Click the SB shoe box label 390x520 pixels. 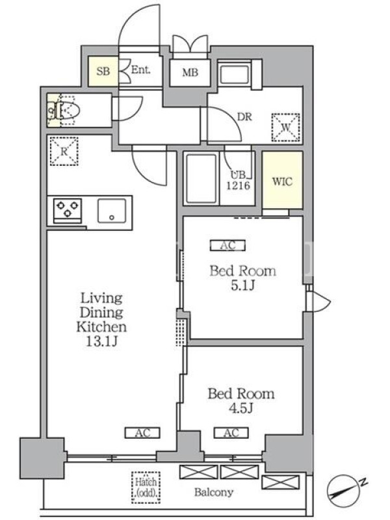coord(103,71)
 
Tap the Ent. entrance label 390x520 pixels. coord(141,70)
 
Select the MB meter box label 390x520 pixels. coord(190,72)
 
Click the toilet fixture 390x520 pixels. coord(64,110)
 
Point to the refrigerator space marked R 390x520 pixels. coord(64,151)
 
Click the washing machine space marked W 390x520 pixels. coord(286,127)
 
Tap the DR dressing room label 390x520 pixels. coord(244,117)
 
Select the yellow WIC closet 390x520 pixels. coord(283,180)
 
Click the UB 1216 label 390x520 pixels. coord(238,180)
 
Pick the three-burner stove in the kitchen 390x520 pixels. coord(68,210)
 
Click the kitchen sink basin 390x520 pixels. coord(112,211)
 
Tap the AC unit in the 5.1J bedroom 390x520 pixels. coord(228,246)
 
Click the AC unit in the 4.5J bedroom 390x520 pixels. coord(231,433)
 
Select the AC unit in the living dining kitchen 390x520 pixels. coord(142,433)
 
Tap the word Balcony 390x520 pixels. coord(214,492)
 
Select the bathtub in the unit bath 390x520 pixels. coord(201,178)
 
